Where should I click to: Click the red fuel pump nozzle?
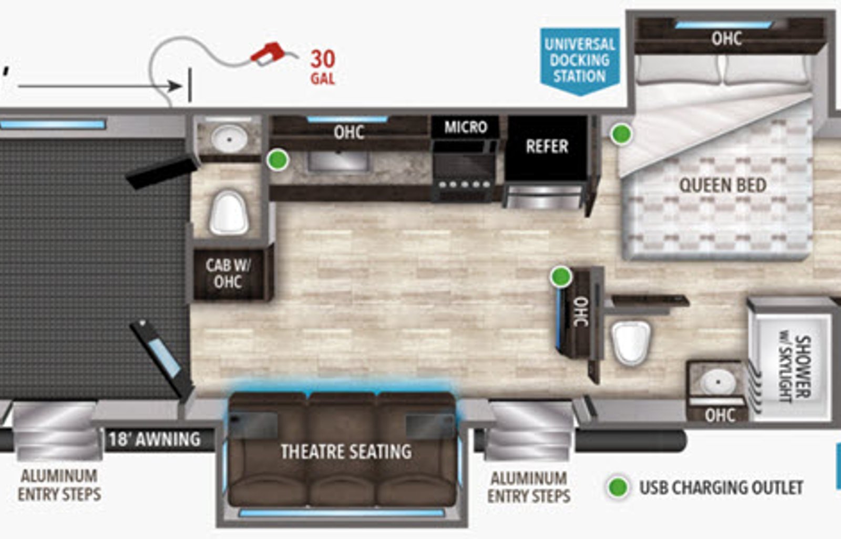pos(269,53)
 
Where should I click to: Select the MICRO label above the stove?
pos(466,127)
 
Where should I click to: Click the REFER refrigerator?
pos(547,148)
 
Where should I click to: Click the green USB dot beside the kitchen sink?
pos(278,160)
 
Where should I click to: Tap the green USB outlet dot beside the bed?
pos(621,134)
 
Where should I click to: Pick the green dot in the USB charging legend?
pos(618,487)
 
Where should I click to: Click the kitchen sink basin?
pos(338,161)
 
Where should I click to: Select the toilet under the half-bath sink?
pos(229,213)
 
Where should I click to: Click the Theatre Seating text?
pos(346,452)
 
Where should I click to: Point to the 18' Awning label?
pos(155,440)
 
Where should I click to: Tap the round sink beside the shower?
pos(717,382)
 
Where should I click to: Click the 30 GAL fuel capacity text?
pos(323,68)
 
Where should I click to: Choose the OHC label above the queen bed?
pos(727,39)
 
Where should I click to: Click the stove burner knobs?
pos(465,185)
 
